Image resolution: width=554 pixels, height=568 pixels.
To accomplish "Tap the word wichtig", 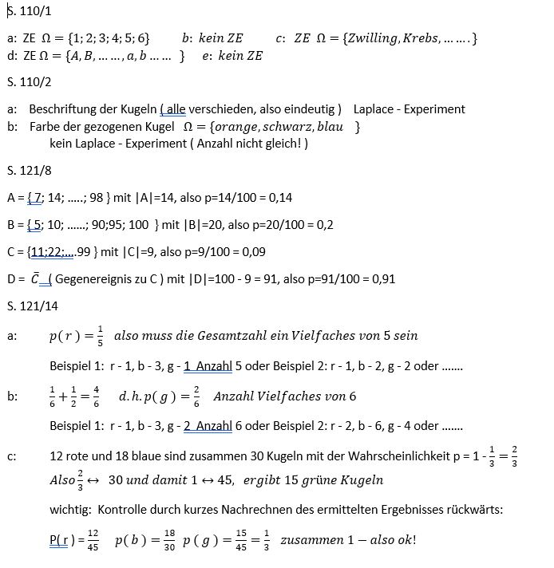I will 69,510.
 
